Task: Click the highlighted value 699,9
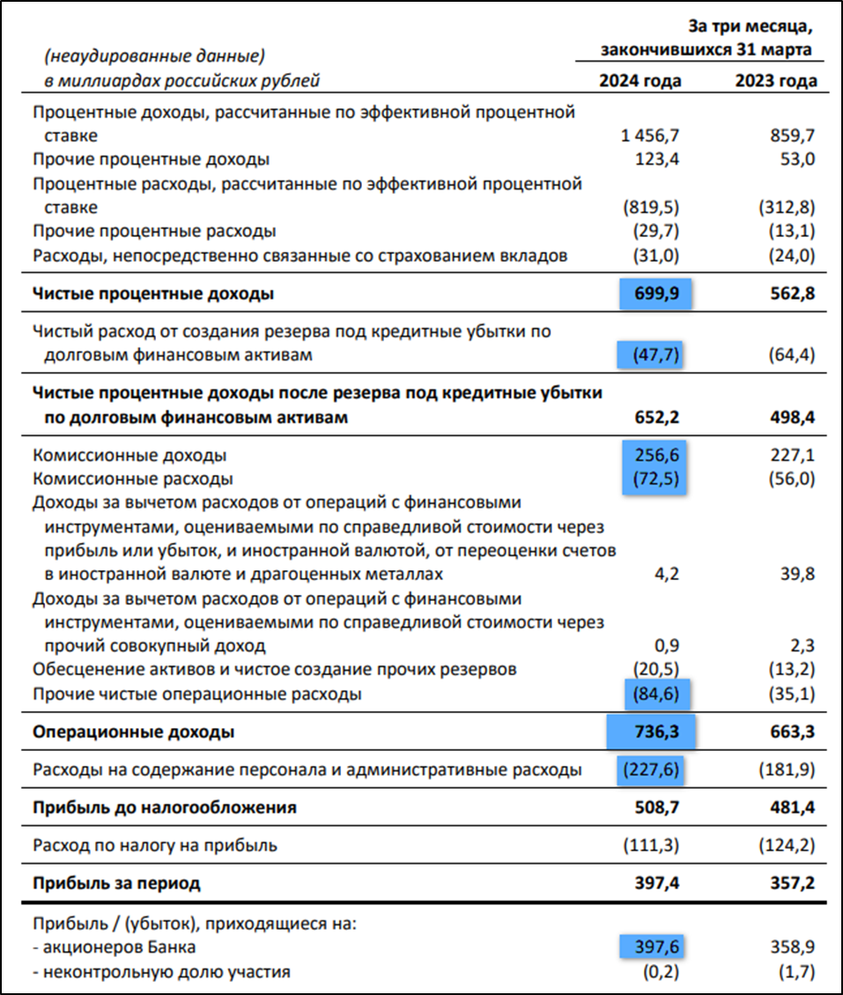pyautogui.click(x=655, y=294)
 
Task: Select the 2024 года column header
pyautogui.click(x=640, y=81)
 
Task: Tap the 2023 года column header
pyautogui.click(x=775, y=81)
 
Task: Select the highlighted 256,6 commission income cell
pyautogui.click(x=658, y=456)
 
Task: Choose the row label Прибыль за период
pyautogui.click(x=116, y=883)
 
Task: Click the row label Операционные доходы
pyautogui.click(x=134, y=732)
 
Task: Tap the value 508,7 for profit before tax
pyautogui.click(x=657, y=807)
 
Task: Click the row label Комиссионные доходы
pyautogui.click(x=129, y=456)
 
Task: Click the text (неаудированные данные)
pyautogui.click(x=154, y=57)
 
